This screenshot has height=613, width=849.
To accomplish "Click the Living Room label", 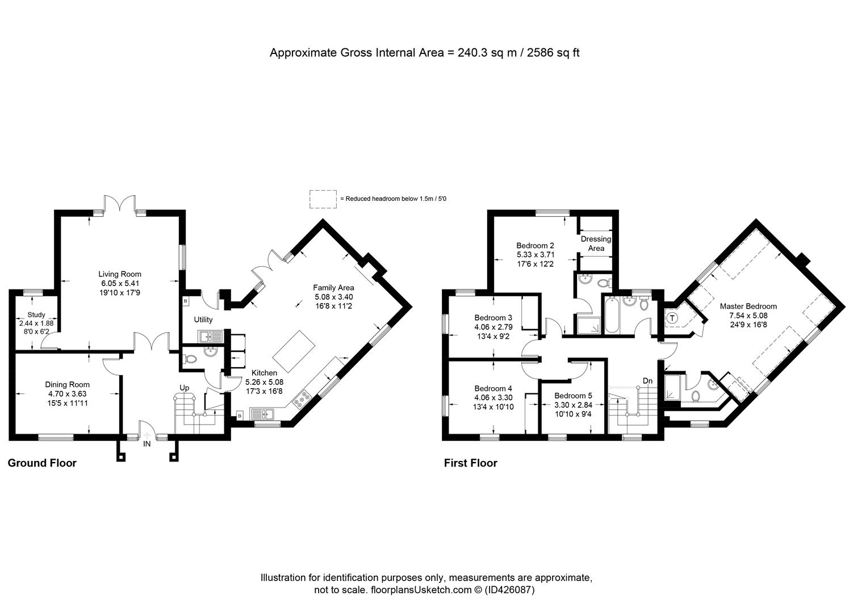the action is (120, 274).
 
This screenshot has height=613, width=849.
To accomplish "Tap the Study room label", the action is (36, 315).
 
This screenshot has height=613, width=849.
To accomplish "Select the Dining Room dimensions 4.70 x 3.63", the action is (68, 394).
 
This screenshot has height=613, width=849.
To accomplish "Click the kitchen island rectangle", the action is (294, 351).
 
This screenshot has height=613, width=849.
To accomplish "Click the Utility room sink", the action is (210, 336).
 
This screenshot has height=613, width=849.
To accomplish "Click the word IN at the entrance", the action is (147, 444).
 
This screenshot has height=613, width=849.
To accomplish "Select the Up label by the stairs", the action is (184, 388).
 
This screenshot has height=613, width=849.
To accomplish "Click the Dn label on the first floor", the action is (648, 380).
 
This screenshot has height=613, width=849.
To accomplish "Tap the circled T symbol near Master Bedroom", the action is (672, 318).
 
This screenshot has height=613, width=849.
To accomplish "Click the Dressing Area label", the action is (596, 243).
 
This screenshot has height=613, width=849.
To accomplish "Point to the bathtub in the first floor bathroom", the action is (612, 315).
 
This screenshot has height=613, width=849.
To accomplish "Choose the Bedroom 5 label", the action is (573, 396).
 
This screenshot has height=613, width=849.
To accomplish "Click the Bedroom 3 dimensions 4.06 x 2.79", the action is (493, 327).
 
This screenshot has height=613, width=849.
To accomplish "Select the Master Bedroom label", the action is (748, 306).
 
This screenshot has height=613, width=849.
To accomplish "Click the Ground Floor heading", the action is (42, 463).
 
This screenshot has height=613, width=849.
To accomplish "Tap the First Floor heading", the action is (471, 463).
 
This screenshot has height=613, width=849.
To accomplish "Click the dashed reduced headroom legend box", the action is (323, 199).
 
